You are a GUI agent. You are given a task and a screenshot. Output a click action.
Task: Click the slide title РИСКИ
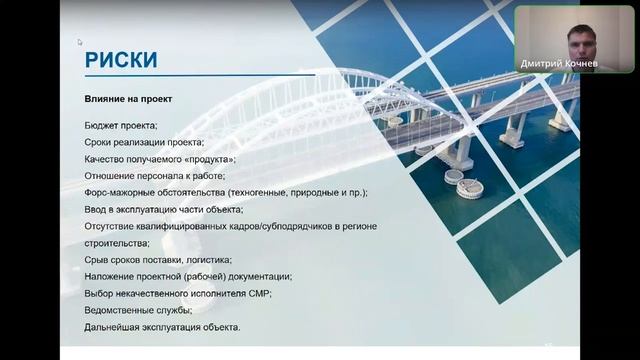click(x=121, y=60)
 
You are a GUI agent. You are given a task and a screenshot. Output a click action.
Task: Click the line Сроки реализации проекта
click(x=144, y=142)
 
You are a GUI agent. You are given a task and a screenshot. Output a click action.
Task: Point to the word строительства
click(x=116, y=243)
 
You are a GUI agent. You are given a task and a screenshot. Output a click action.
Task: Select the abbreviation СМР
click(x=257, y=294)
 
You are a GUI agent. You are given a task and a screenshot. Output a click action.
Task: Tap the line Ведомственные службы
click(x=136, y=311)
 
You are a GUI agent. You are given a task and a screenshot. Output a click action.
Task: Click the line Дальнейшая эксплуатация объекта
click(x=163, y=328)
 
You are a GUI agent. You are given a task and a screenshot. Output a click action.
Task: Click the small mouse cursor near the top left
click(x=80, y=42)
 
